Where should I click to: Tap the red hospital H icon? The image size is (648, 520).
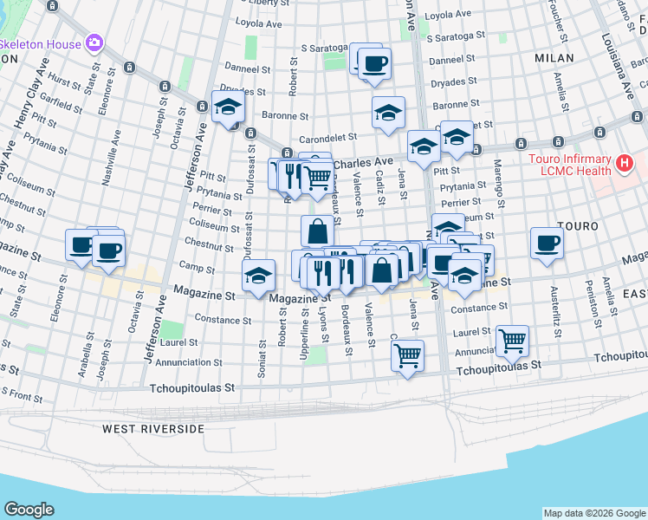tap(623, 162)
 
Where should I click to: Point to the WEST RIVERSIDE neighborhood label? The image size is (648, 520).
tap(153, 429)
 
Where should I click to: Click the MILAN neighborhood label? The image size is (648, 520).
tap(554, 57)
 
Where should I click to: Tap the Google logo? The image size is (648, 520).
tap(29, 510)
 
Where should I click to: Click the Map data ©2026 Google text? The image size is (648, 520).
tap(593, 513)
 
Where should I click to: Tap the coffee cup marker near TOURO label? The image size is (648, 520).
tap(547, 243)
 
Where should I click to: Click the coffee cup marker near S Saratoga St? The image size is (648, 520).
tap(373, 64)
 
